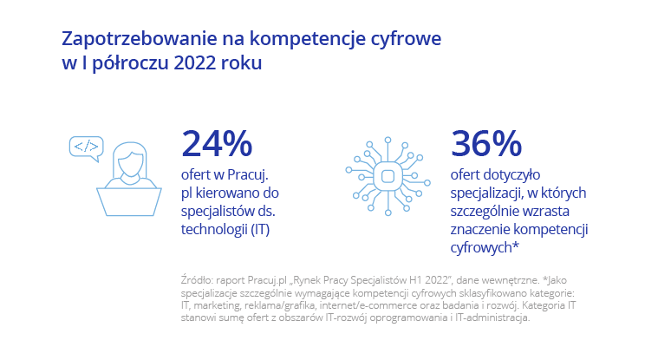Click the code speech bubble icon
(86, 147)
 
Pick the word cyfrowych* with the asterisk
(485, 247)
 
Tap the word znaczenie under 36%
(486, 229)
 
